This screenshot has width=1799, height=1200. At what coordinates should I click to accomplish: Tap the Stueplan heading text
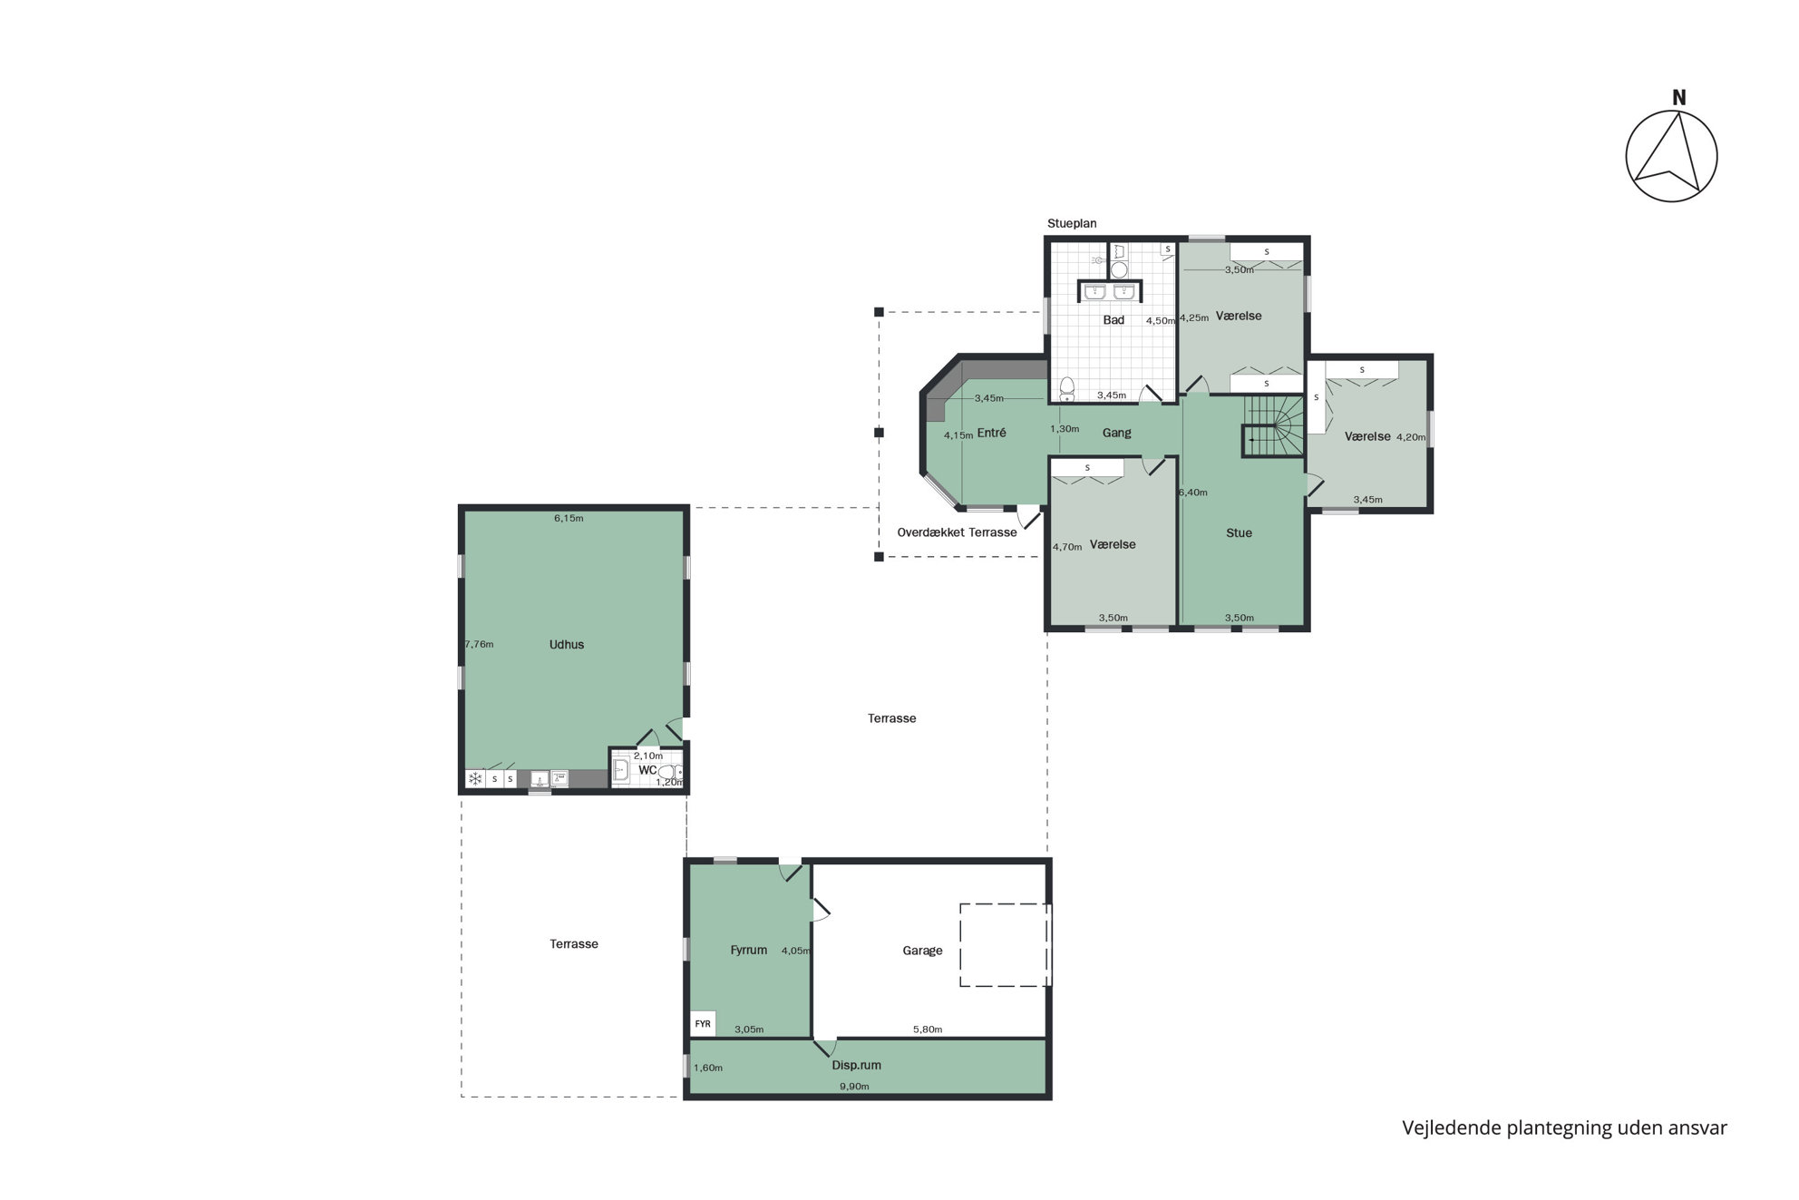tap(1072, 223)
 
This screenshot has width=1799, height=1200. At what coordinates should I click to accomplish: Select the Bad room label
tap(1113, 320)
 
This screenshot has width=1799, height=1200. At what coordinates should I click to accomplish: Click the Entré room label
tap(991, 433)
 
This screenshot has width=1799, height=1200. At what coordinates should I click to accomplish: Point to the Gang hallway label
tap(1116, 433)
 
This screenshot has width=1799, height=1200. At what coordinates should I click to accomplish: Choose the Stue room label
tap(1239, 533)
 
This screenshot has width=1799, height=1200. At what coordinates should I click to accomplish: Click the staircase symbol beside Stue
tap(1273, 425)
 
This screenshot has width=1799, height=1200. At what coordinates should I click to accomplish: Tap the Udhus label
tap(567, 645)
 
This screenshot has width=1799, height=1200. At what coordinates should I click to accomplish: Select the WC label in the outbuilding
tap(647, 770)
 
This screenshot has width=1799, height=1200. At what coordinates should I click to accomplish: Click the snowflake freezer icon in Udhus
tap(474, 778)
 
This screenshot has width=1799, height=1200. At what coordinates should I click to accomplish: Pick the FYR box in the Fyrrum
tap(703, 1024)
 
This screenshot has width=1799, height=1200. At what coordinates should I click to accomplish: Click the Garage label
tap(922, 951)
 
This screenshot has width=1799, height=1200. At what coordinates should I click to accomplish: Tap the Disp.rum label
tap(856, 1066)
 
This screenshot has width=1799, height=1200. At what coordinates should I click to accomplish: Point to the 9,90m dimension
tap(854, 1087)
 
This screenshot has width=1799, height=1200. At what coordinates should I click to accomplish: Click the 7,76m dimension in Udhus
tap(479, 645)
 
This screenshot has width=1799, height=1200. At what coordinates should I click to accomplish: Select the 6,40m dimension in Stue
tap(1192, 493)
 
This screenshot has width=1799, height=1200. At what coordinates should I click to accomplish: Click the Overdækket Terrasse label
tap(957, 532)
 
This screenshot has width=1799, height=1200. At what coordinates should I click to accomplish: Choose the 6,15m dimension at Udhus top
tap(569, 519)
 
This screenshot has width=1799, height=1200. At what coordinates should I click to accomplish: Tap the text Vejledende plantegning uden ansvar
tap(1564, 1128)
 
